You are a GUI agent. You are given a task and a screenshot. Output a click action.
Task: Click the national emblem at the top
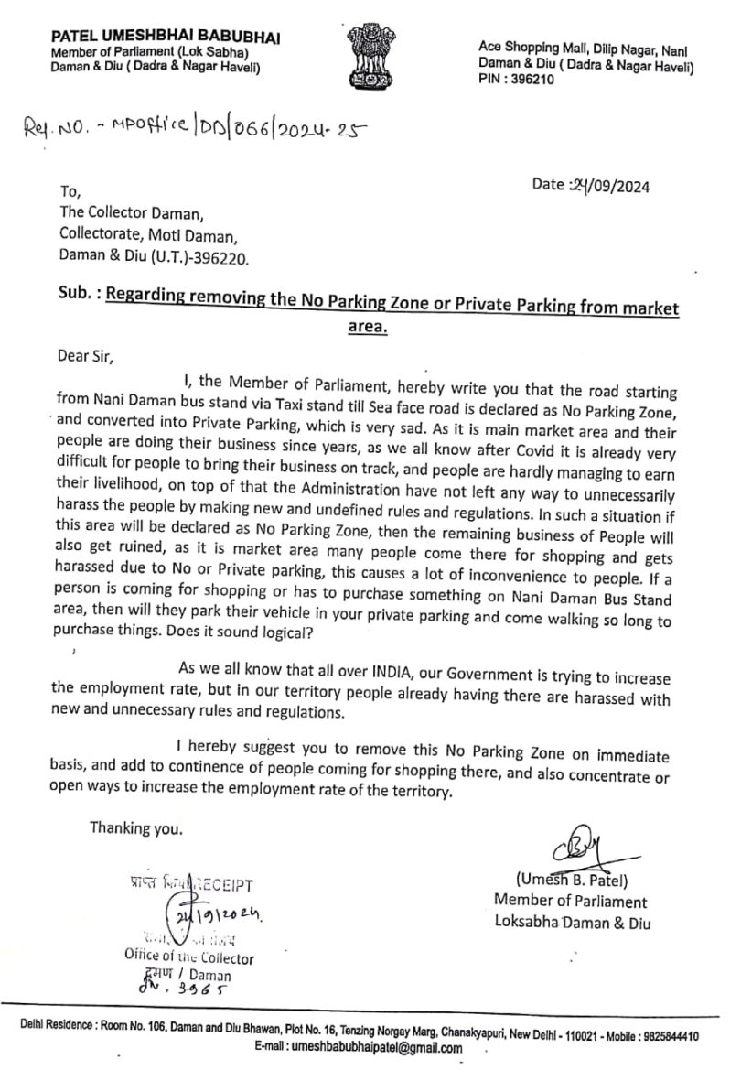pos(371,57)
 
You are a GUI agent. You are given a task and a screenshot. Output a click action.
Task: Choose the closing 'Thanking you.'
pos(135,828)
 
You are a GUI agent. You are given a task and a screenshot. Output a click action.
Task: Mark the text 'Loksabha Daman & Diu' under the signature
pos(572,923)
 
